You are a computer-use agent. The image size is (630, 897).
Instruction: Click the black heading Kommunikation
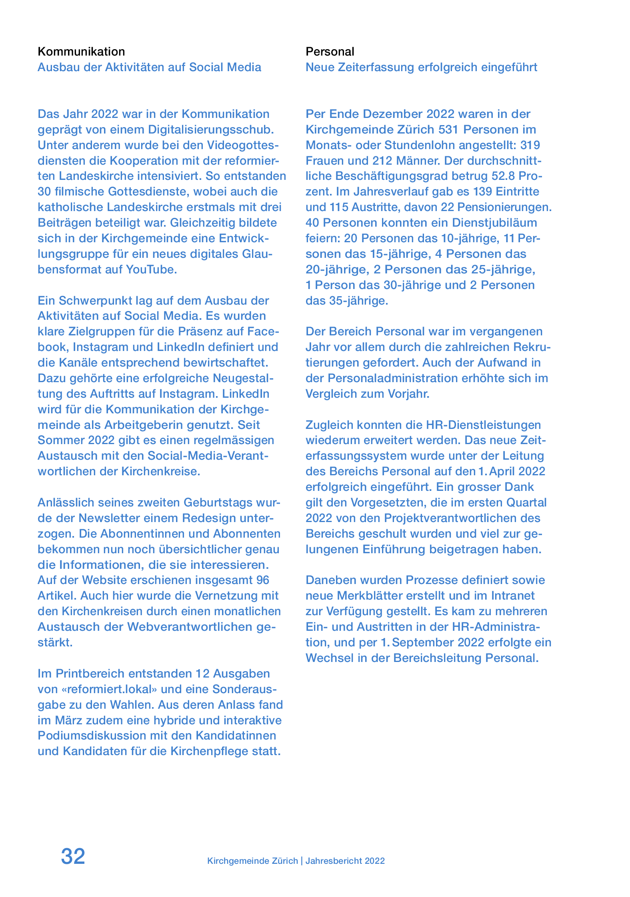point(81,52)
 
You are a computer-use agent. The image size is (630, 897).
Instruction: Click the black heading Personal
point(330,52)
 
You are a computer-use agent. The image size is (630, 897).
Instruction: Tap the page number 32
point(73,857)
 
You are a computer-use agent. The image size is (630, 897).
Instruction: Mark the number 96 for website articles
point(262,580)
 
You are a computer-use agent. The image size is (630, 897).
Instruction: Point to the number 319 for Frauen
point(530,145)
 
